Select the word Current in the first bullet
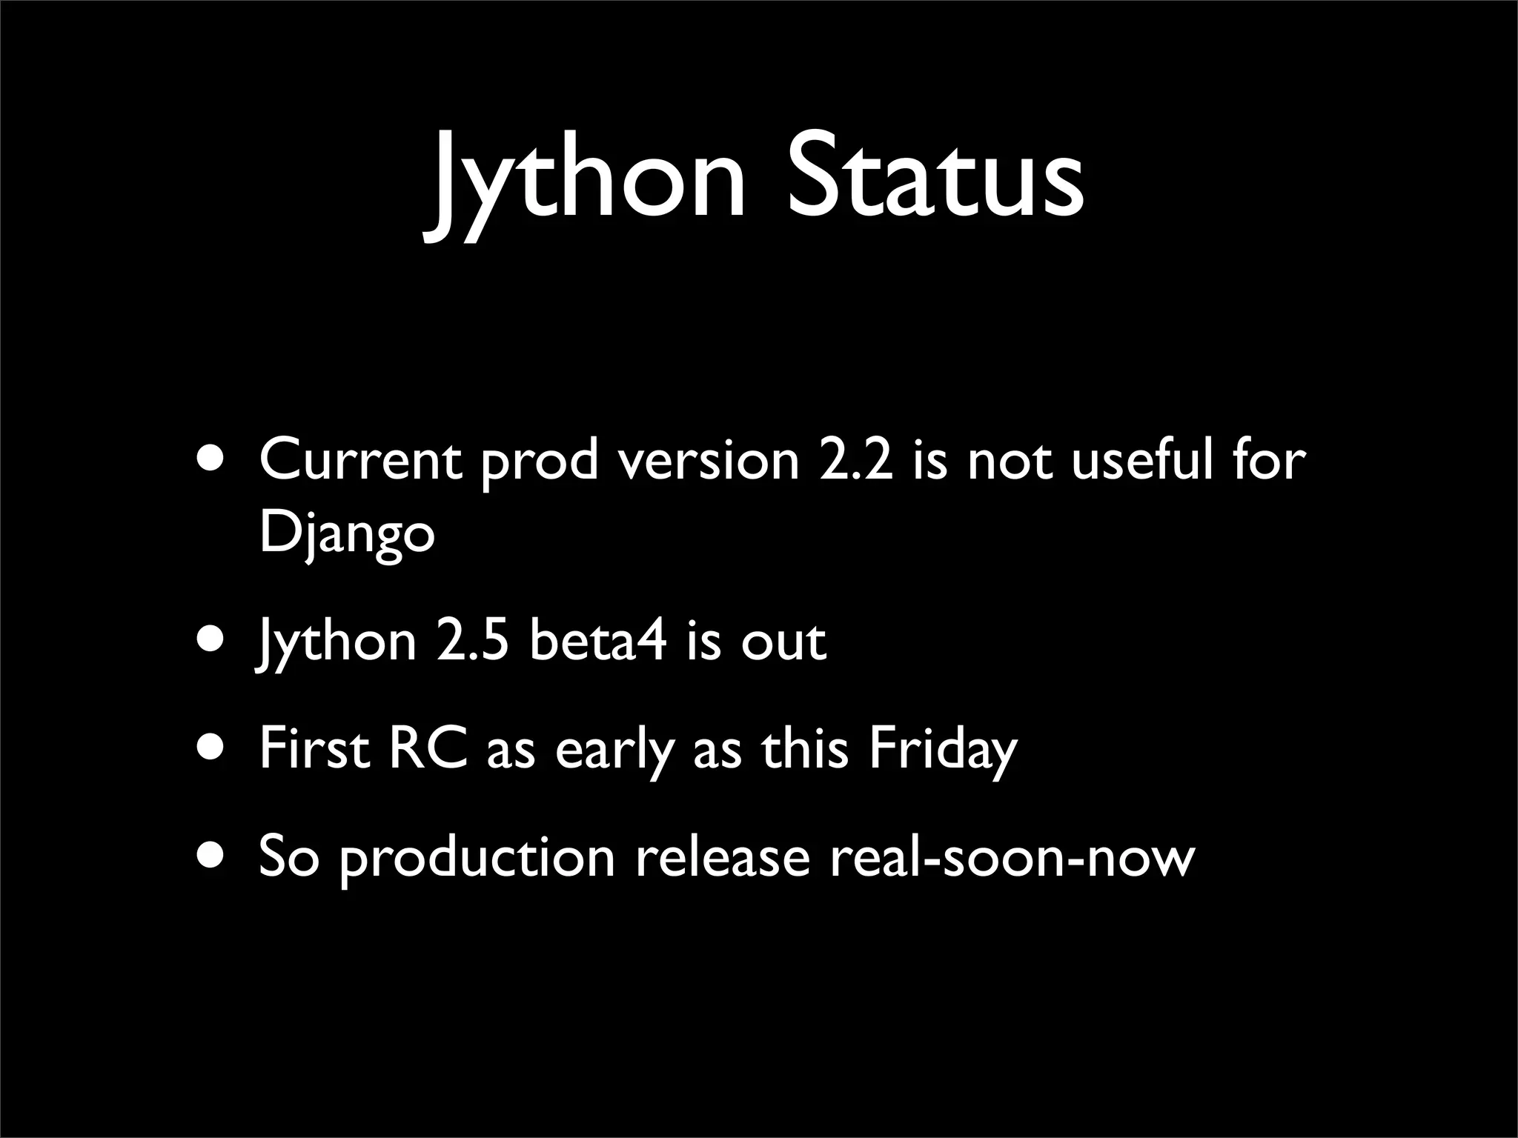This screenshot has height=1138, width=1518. (360, 460)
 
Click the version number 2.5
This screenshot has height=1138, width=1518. (473, 641)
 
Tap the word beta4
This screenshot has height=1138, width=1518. (597, 641)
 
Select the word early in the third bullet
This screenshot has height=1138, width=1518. (615, 750)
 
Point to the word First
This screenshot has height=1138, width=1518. (314, 748)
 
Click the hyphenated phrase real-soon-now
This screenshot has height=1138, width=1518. (1012, 857)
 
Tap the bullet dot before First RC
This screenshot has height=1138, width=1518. (213, 748)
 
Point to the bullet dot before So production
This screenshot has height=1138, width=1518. (213, 856)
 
